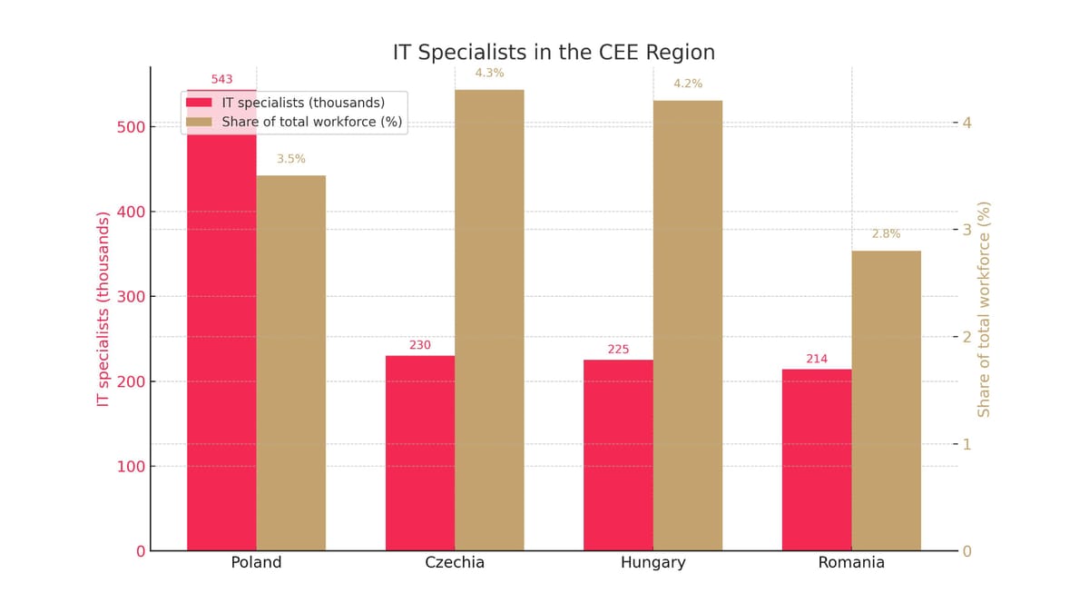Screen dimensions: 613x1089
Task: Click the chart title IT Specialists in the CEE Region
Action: tap(554, 53)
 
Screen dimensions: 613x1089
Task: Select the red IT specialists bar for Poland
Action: tap(221, 345)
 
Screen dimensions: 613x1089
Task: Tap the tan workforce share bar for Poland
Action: tap(290, 363)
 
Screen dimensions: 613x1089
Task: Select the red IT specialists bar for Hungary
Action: tap(618, 455)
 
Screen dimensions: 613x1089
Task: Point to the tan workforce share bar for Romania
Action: tap(886, 400)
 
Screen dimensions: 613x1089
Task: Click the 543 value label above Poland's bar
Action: tap(221, 79)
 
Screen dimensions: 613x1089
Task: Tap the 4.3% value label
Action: tap(489, 73)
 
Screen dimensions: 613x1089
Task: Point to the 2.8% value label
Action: tap(886, 233)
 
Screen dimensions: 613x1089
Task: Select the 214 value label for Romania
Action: tap(817, 359)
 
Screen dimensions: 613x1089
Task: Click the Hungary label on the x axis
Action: tap(652, 563)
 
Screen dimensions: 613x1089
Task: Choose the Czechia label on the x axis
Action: tap(455, 563)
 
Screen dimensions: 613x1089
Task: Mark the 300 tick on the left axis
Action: tap(131, 297)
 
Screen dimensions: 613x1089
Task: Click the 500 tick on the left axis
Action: tap(131, 127)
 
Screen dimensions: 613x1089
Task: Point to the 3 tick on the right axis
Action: tap(967, 230)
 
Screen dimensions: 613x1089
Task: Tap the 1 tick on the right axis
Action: tap(967, 444)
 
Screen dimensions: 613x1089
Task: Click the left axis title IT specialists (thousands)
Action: tap(103, 309)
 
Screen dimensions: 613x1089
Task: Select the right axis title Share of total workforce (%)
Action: tap(985, 309)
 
